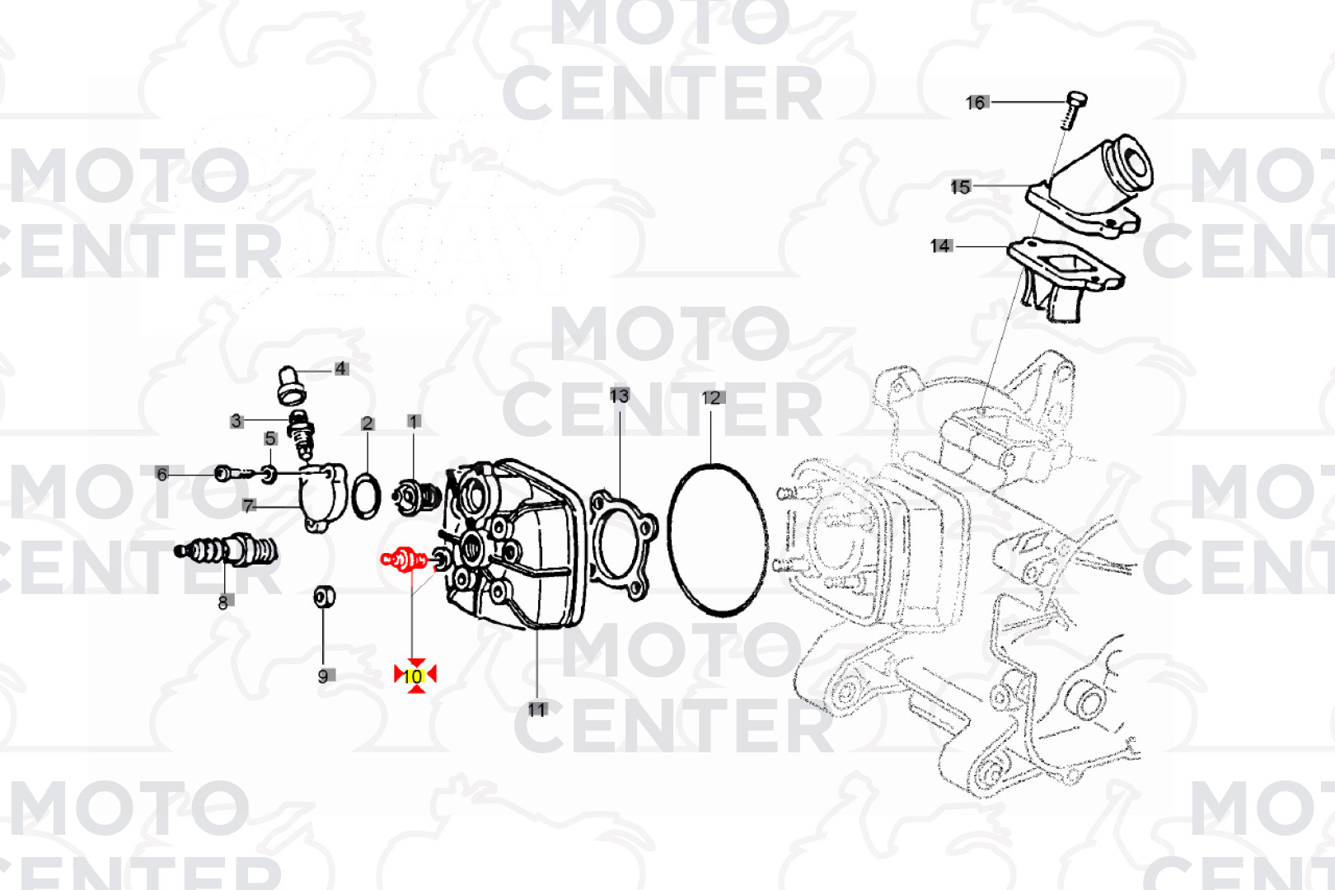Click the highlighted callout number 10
(x=414, y=676)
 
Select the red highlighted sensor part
(x=403, y=560)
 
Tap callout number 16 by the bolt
(x=976, y=103)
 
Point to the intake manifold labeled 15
(x=1096, y=190)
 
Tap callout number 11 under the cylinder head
(x=536, y=709)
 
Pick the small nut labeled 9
(x=324, y=596)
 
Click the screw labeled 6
(x=232, y=473)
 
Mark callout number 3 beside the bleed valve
(x=237, y=421)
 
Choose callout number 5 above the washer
(x=270, y=438)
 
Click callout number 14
(x=940, y=246)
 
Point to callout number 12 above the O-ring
(x=710, y=398)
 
